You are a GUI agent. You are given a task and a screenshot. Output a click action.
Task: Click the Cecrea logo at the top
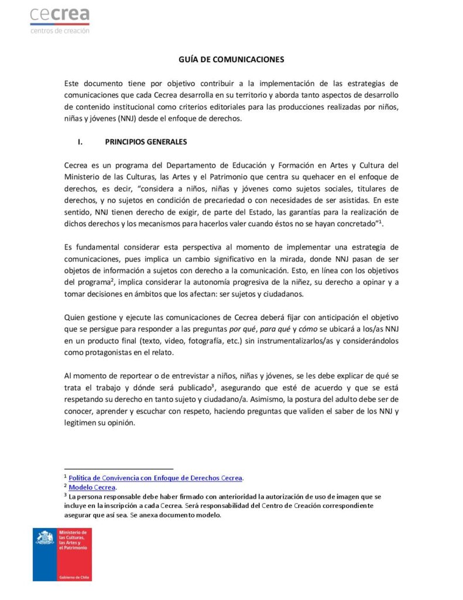60,20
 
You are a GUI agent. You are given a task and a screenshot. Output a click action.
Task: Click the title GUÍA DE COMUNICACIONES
231,60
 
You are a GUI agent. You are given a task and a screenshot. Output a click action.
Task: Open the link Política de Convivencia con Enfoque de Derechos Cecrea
156,478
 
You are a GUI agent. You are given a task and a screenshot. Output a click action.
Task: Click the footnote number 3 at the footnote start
66,495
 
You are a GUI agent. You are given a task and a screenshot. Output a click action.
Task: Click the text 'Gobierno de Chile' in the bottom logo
71,577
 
